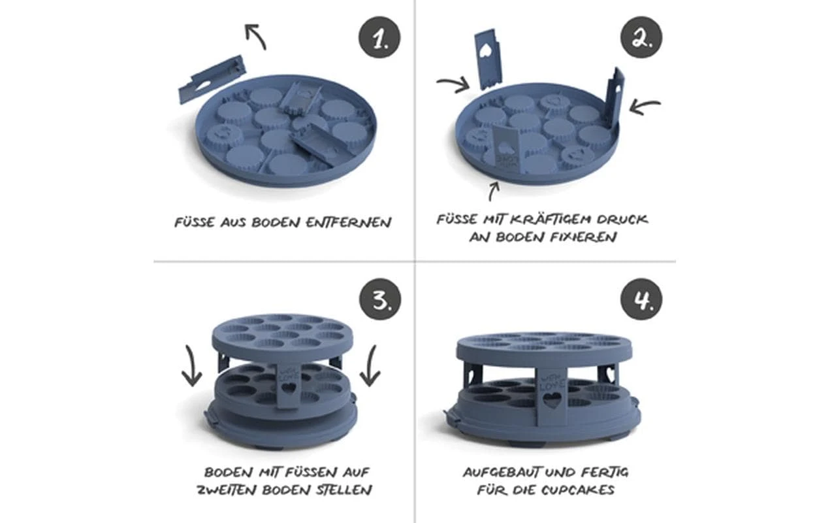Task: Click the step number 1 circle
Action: [379, 37]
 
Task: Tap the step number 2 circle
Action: [641, 37]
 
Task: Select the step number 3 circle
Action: [380, 299]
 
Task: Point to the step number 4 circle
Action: [641, 299]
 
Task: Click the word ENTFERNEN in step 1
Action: [349, 222]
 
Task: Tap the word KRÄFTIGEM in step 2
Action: [550, 219]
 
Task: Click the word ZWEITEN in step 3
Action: [226, 490]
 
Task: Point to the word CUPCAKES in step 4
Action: [578, 490]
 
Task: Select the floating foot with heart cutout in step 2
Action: [490, 59]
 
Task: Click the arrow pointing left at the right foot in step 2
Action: [645, 106]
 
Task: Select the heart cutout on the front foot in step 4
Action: [552, 401]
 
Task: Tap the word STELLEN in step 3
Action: [343, 490]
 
